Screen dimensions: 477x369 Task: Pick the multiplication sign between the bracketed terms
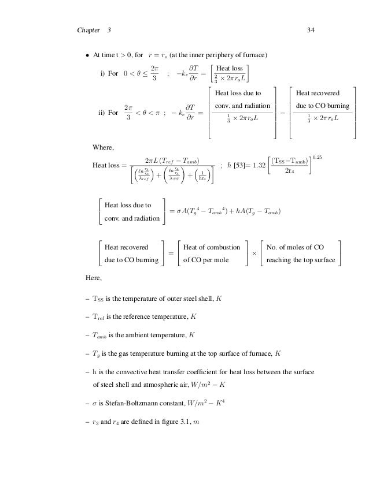click(x=254, y=254)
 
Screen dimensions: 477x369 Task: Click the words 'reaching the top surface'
click(x=301, y=260)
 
